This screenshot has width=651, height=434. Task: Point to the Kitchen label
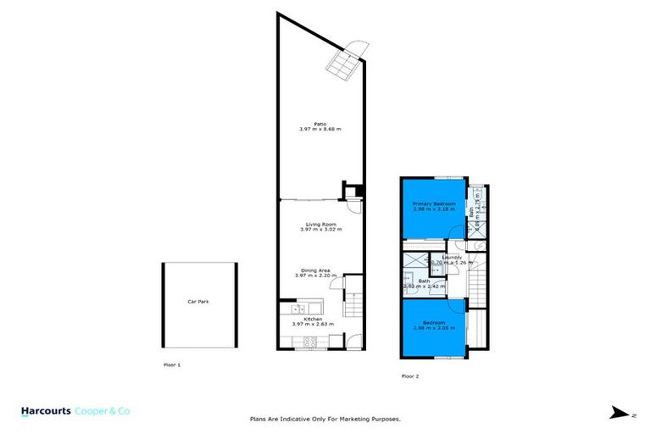pyautogui.click(x=312, y=319)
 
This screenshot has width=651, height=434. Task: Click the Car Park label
pyautogui.click(x=198, y=301)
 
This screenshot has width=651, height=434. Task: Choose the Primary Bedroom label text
pyautogui.click(x=434, y=204)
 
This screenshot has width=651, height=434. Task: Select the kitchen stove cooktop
pyautogui.click(x=309, y=341)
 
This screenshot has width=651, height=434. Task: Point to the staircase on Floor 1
pyautogui.click(x=353, y=300)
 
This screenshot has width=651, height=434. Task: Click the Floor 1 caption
pyautogui.click(x=171, y=364)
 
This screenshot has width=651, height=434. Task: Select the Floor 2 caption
pyautogui.click(x=411, y=374)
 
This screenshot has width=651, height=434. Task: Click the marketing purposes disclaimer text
pyautogui.click(x=325, y=419)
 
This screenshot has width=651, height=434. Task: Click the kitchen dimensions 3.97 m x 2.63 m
pyautogui.click(x=312, y=324)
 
